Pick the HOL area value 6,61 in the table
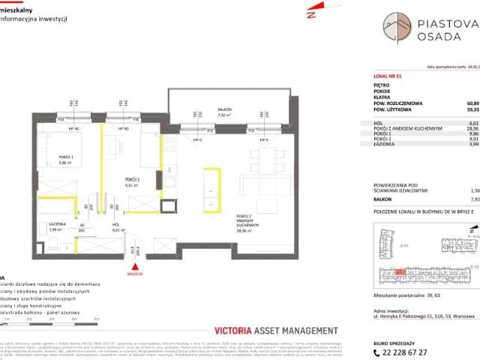point(472,122)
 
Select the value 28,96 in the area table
point(472,128)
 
